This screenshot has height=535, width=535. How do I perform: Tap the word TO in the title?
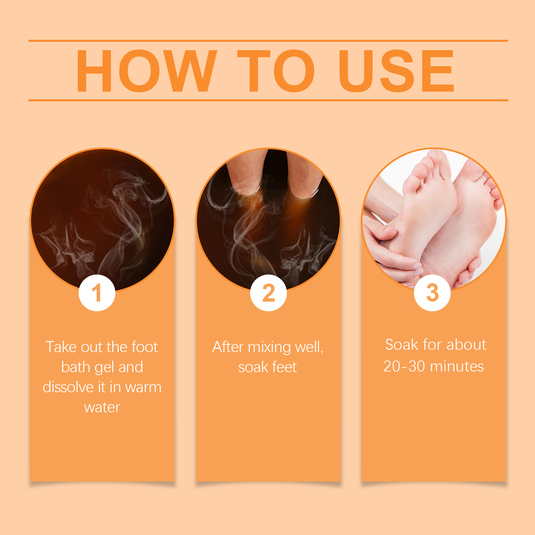(276, 71)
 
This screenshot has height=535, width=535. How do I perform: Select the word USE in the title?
(397, 71)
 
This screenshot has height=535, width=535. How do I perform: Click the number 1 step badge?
(97, 293)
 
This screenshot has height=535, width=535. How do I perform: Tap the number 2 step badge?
(269, 293)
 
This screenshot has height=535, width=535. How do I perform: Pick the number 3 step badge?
(432, 293)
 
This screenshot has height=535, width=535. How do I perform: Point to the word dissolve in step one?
(68, 387)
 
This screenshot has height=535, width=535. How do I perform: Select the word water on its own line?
(102, 408)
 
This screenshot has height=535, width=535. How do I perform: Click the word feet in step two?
(285, 367)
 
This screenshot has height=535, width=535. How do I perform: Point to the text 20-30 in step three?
(404, 366)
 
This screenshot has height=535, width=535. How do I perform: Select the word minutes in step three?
(457, 366)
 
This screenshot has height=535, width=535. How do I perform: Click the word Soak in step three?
(402, 345)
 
